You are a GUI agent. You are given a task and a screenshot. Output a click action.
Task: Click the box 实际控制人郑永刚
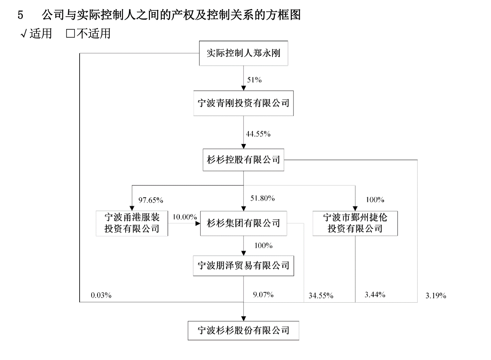244,53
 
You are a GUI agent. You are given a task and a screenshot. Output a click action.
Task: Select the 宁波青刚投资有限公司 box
244,103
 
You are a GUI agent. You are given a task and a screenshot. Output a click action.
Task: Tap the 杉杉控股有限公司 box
244,160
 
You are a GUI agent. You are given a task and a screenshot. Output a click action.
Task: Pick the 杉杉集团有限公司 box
244,223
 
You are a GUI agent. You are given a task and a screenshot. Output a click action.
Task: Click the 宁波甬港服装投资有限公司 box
132,223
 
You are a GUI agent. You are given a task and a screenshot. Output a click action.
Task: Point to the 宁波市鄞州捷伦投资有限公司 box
355,223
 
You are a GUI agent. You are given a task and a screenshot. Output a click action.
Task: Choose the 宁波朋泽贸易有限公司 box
244,266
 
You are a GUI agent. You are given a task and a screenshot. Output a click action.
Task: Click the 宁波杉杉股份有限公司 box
244,331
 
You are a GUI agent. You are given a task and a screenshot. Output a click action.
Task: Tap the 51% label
254,80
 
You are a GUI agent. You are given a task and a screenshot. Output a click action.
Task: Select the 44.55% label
258,134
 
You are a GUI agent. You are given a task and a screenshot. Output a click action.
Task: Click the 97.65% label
151,200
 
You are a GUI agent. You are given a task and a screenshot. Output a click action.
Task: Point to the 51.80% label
262,198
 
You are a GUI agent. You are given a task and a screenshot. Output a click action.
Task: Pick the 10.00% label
185,217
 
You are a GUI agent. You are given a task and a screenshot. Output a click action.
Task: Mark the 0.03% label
101,295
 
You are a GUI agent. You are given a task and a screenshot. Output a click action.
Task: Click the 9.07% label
263,295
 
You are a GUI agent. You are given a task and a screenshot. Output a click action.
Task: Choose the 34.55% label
321,296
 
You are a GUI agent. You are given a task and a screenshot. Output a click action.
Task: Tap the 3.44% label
375,295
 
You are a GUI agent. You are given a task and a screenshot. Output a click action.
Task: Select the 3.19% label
436,296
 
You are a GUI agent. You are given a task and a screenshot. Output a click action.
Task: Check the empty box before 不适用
71,34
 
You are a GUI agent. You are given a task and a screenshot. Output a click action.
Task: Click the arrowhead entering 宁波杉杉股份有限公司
244,319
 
